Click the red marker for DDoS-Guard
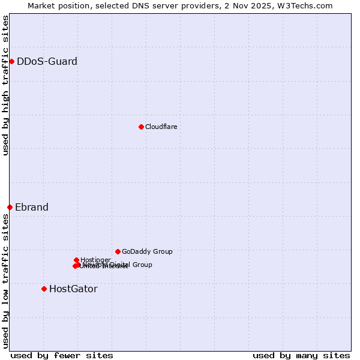coord(11,61)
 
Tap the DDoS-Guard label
coord(47,61)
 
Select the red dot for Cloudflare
coord(141,127)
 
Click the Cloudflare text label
coord(161,127)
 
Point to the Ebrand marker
coord(10,207)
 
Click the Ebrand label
coord(32,208)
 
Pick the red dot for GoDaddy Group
coord(118,251)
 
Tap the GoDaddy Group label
coord(147,251)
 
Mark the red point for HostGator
coord(44,289)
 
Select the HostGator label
coord(73,289)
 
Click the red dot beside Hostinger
coord(76,260)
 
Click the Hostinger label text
coord(95,260)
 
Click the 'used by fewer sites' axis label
coord(62,355)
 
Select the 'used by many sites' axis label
coord(301,355)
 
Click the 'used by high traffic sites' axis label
coord(5,85)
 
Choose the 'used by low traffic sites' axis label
coord(5,281)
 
